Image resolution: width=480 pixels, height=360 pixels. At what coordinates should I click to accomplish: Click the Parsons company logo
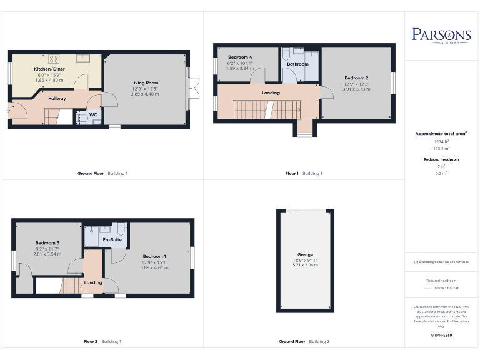441,35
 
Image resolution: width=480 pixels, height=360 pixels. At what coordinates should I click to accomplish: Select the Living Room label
144,82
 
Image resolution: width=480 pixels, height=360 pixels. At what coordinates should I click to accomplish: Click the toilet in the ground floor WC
81,117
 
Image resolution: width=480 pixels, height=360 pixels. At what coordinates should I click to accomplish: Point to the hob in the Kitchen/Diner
54,59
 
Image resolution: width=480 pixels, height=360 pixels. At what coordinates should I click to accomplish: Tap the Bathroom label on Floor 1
297,64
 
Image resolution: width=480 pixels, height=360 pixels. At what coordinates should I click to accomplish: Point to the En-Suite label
112,239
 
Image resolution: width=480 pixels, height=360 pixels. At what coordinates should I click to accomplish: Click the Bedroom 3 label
47,242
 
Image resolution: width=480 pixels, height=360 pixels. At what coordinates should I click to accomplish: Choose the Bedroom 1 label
154,256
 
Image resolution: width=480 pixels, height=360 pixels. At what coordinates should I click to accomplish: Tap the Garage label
305,255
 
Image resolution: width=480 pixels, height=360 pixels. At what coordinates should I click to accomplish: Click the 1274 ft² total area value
441,142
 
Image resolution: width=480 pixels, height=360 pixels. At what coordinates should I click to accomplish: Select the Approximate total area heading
441,134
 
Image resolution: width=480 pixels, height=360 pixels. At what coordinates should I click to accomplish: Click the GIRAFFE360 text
441,336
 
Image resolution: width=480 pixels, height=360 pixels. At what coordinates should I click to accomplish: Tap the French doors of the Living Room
194,88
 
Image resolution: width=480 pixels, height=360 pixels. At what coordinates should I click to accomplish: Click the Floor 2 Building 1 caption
102,341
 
